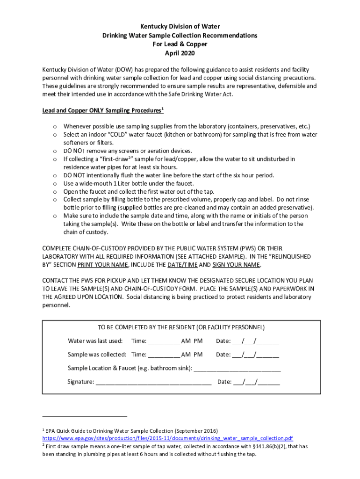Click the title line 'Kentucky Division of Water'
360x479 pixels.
(x=180, y=27)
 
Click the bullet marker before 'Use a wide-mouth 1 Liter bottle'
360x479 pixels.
(x=55, y=183)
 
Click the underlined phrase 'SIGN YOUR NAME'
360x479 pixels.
(x=236, y=265)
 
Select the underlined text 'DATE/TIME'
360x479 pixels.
(x=182, y=265)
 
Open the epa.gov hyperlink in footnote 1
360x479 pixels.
(x=167, y=438)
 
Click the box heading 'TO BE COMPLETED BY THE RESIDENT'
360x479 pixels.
(x=181, y=327)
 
